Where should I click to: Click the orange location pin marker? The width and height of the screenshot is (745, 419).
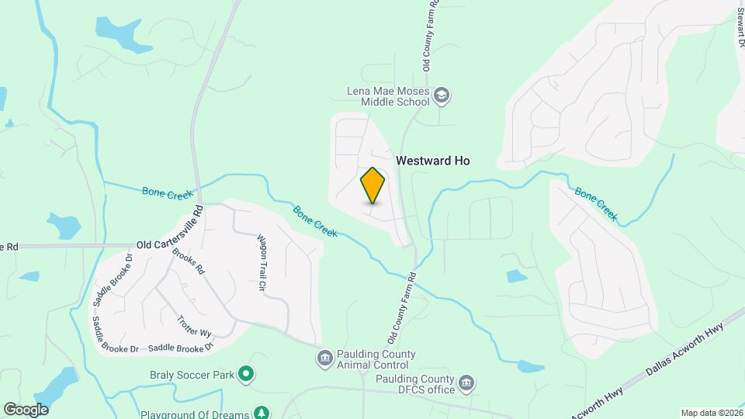372,185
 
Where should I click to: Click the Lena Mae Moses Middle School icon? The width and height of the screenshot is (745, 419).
442,96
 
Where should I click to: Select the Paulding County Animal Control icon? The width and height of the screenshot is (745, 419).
324,358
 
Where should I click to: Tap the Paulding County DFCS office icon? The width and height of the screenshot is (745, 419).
466,383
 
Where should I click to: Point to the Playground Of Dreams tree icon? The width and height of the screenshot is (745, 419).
263,413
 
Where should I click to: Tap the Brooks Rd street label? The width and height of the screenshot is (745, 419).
188,262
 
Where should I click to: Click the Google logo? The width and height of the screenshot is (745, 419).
25,410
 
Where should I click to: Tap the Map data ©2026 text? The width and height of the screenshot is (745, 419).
711,413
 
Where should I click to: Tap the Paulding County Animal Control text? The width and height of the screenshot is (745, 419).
372,359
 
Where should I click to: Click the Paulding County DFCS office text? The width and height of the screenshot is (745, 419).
415,383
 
